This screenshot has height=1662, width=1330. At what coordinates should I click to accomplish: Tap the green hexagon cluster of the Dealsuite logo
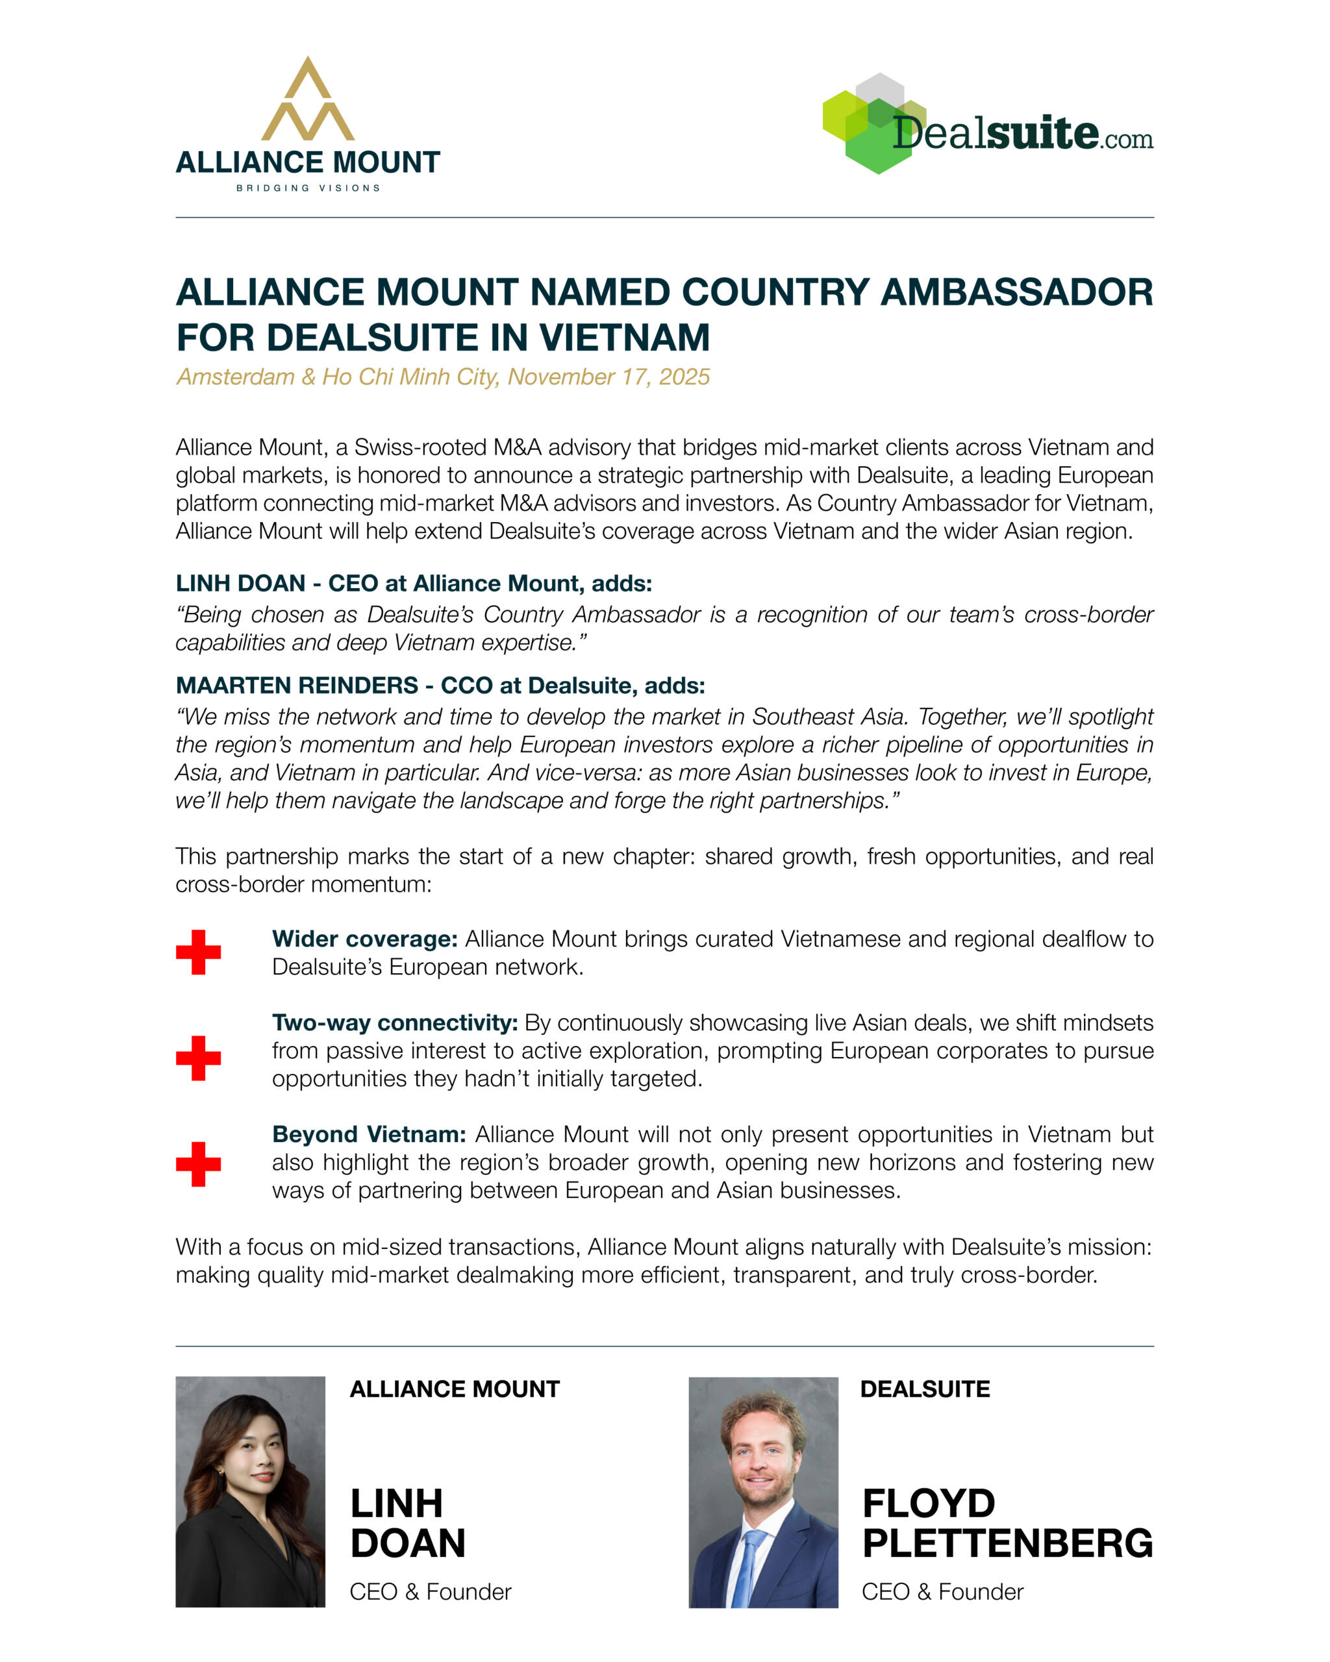(872, 123)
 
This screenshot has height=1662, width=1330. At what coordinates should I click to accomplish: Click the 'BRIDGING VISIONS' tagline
(308, 188)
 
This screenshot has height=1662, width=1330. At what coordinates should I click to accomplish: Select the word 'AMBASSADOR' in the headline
(1016, 293)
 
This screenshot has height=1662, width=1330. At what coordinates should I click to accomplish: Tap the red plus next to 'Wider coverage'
(198, 952)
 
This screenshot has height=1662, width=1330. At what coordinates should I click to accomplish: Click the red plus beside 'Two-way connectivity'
(198, 1058)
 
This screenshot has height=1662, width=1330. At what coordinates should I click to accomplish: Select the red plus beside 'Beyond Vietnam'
(198, 1164)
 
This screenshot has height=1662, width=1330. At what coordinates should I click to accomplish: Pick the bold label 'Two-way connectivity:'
(395, 1023)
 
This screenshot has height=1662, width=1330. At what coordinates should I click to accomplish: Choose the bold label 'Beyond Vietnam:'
(369, 1135)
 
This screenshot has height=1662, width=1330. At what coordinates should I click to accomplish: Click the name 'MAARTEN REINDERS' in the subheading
(297, 686)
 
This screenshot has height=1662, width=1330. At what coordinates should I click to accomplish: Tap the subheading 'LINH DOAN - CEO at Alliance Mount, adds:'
(413, 584)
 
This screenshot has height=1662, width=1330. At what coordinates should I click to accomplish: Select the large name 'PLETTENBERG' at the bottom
(1007, 1543)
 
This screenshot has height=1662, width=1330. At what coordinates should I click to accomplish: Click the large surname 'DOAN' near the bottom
(408, 1543)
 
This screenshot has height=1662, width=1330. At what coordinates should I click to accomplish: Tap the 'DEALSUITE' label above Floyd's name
(925, 1389)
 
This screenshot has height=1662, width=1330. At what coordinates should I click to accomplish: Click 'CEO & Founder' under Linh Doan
(430, 1592)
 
